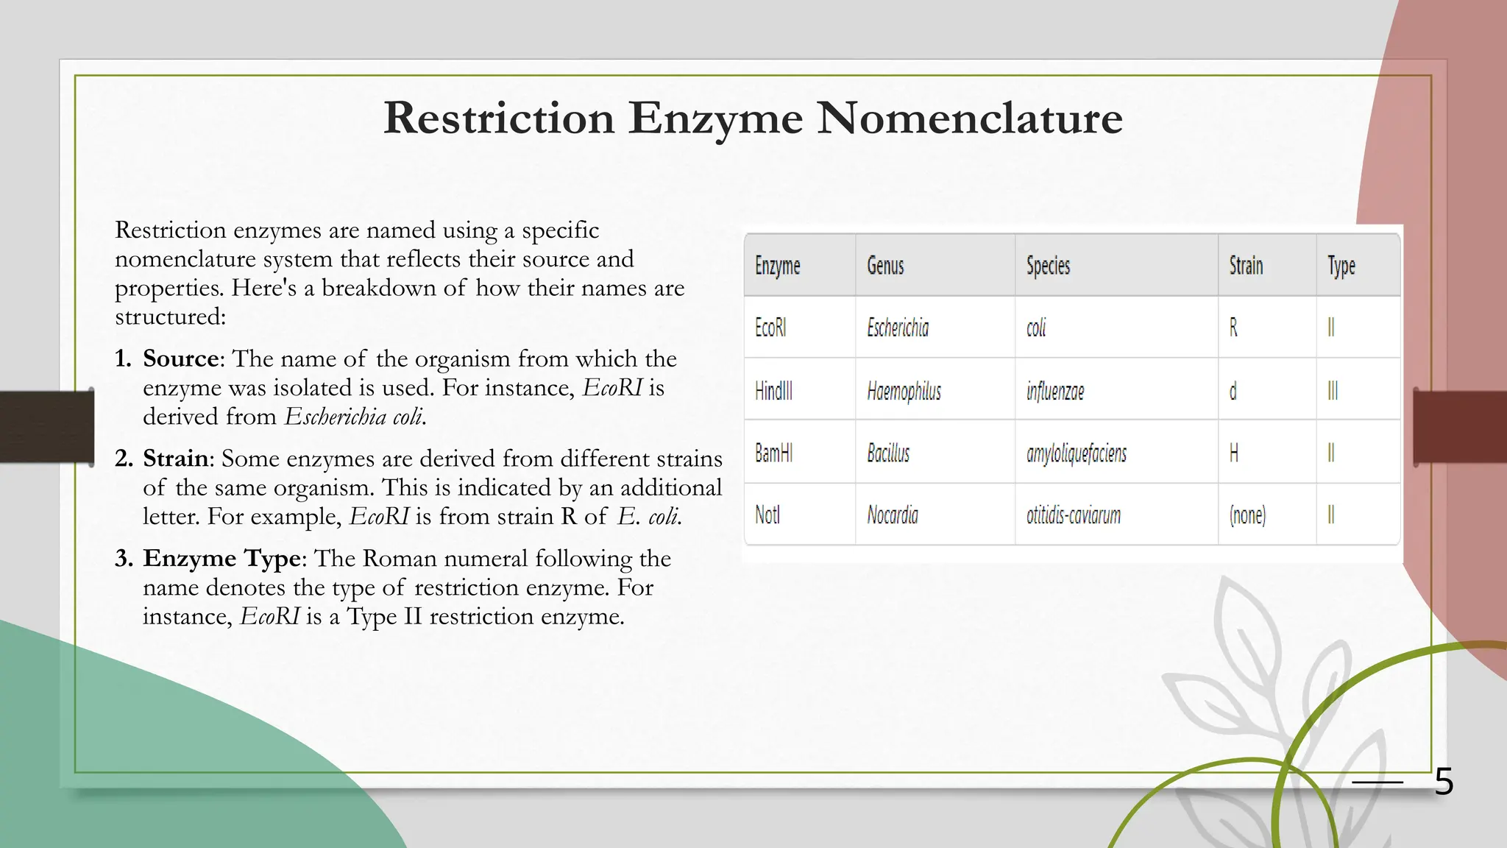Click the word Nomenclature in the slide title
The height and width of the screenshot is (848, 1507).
969,118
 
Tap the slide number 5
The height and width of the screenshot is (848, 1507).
1444,781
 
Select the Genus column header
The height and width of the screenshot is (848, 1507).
885,266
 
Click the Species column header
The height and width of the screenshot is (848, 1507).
1048,266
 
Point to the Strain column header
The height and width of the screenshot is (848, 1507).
1246,266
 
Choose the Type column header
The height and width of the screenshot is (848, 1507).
1341,266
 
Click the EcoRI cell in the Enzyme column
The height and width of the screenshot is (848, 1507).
770,328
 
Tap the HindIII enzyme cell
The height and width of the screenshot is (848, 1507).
773,390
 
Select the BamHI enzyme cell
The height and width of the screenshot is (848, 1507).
773,453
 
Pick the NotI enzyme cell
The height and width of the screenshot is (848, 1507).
767,515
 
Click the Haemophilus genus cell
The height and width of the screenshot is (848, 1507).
904,391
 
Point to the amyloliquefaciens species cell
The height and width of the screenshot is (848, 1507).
1077,453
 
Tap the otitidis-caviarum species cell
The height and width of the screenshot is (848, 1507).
1074,515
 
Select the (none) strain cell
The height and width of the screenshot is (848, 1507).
1247,515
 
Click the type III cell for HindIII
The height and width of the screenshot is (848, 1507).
1333,391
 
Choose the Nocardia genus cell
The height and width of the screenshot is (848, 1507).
893,515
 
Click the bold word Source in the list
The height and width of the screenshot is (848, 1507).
180,358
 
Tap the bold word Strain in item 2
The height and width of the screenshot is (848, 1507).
176,459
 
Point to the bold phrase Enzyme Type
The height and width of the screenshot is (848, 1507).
221,559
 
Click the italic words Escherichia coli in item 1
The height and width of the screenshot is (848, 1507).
354,417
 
